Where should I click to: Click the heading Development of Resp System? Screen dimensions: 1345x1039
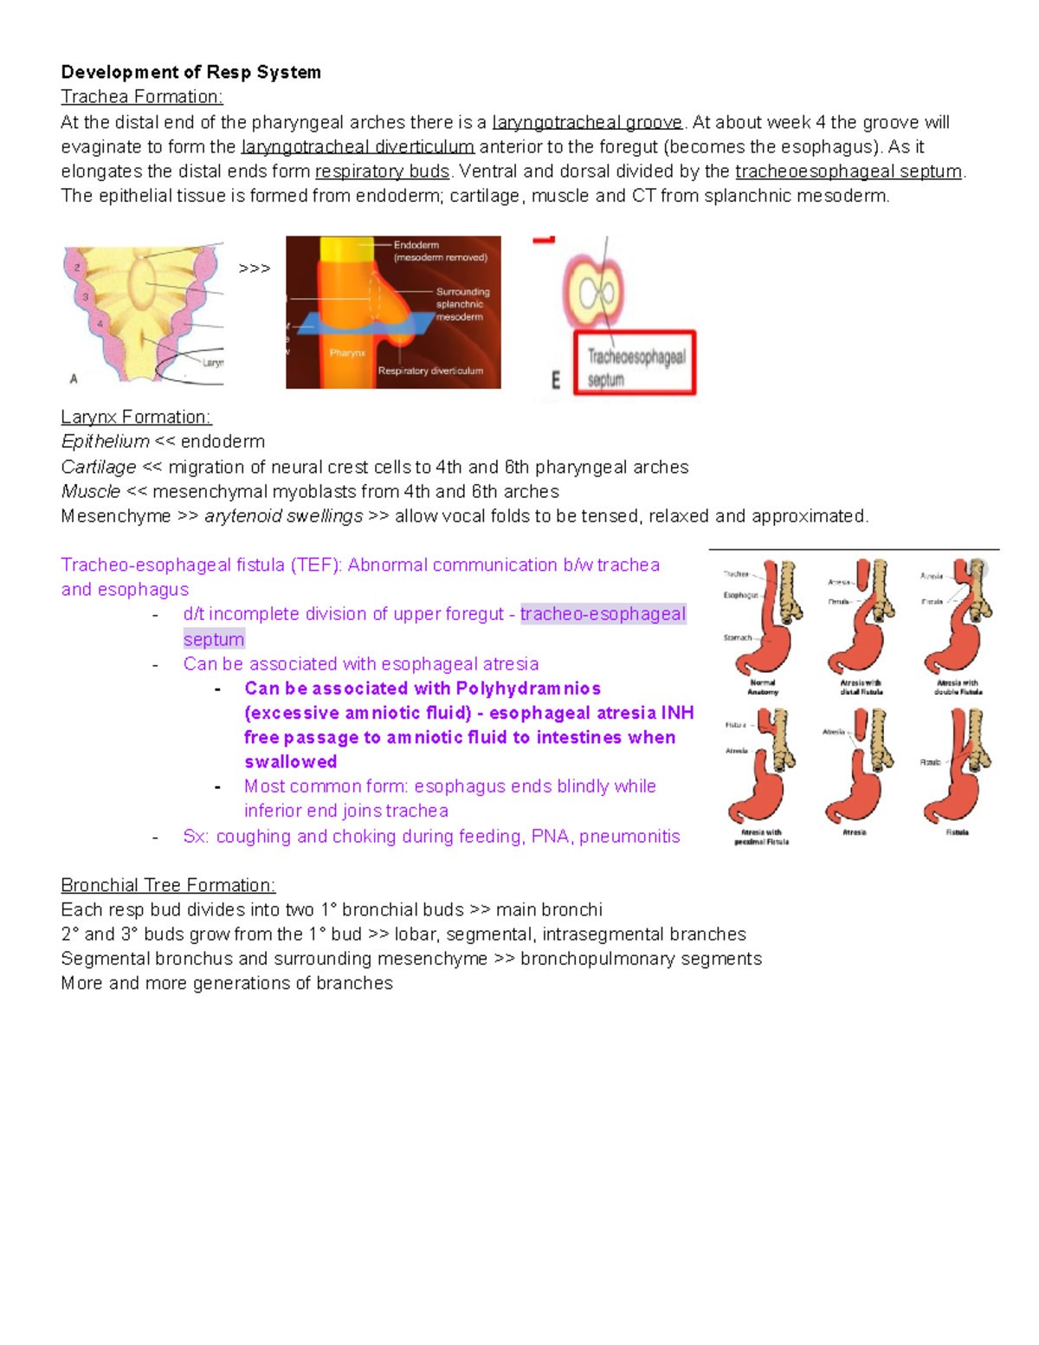[x=190, y=73]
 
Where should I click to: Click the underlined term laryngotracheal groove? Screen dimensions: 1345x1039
[x=587, y=122]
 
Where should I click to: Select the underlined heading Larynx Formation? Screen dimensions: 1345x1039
[x=136, y=417]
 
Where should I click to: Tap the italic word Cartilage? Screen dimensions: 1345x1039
[x=99, y=468]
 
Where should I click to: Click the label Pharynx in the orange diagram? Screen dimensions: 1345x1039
[x=347, y=353]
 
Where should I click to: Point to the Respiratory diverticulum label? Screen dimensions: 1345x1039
[x=430, y=371]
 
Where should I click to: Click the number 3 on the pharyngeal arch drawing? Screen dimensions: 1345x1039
[x=85, y=297]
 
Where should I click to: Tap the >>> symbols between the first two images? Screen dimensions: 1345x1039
[x=254, y=269]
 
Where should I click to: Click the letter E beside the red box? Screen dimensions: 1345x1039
[x=556, y=380]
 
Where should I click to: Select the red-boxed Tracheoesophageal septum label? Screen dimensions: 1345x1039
[x=636, y=367]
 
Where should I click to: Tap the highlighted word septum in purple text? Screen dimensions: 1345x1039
[x=214, y=639]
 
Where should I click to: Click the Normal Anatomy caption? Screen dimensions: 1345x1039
[x=763, y=687]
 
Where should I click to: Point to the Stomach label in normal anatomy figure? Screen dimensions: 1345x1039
[x=738, y=637]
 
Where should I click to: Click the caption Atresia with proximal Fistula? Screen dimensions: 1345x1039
[x=761, y=837]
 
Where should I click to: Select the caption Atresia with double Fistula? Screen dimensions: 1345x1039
[x=958, y=687]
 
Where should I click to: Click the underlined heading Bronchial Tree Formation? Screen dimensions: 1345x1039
[x=168, y=885]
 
